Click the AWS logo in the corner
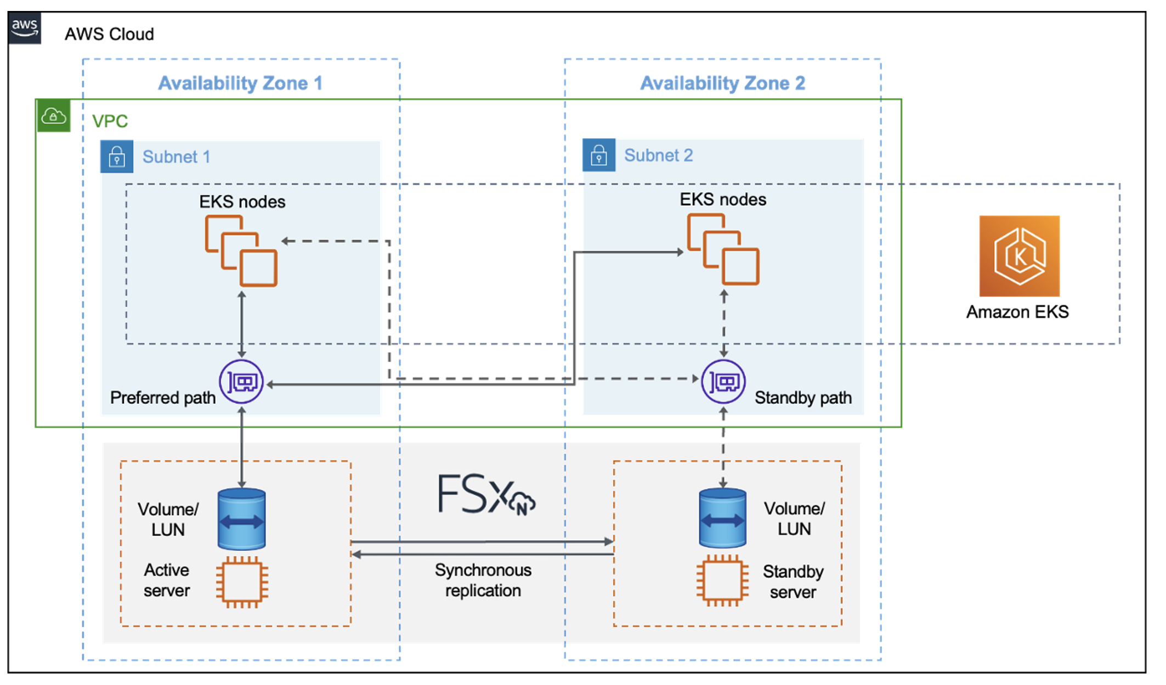coord(25,27)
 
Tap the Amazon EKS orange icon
coord(1019,256)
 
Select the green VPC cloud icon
coord(54,116)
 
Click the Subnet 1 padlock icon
coord(116,157)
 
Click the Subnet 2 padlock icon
coord(598,156)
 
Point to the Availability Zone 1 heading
coord(240,83)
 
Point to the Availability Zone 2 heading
coord(722,83)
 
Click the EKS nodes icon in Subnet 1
coord(241,251)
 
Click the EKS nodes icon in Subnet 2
coord(723,249)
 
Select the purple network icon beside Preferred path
coord(241,382)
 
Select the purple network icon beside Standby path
coord(723,382)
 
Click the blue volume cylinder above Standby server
coord(722,518)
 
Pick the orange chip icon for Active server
coord(242,582)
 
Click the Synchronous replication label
coord(483,580)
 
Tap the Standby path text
coord(803,398)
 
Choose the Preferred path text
coord(163,398)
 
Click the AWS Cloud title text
coord(109,34)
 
